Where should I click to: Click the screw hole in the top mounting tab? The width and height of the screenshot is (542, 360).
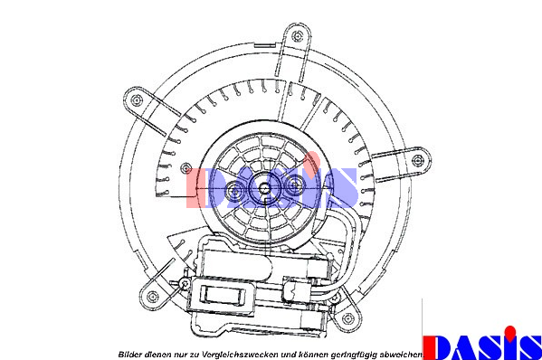click(x=298, y=35)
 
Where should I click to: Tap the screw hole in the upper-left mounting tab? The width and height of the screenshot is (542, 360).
click(x=138, y=100)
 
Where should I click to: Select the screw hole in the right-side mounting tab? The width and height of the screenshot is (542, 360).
click(x=417, y=160)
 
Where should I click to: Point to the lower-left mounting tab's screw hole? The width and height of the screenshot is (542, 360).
click(x=152, y=296)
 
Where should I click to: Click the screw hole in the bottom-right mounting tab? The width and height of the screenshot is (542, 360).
click(x=347, y=318)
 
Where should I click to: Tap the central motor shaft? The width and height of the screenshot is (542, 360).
click(x=264, y=188)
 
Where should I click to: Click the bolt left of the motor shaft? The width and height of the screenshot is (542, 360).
click(x=235, y=190)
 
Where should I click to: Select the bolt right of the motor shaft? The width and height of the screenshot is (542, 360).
click(x=294, y=185)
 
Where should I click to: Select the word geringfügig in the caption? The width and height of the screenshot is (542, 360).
click(x=354, y=355)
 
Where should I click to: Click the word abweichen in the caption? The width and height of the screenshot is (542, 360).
click(x=401, y=355)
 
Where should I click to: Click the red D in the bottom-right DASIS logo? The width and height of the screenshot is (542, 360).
click(x=436, y=347)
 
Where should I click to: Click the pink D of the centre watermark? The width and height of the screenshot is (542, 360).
click(x=198, y=188)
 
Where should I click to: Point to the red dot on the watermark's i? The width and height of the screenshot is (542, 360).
click(x=312, y=159)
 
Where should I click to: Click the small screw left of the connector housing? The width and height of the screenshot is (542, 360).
click(x=185, y=284)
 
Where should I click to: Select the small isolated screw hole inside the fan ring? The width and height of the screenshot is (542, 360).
click(x=186, y=168)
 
